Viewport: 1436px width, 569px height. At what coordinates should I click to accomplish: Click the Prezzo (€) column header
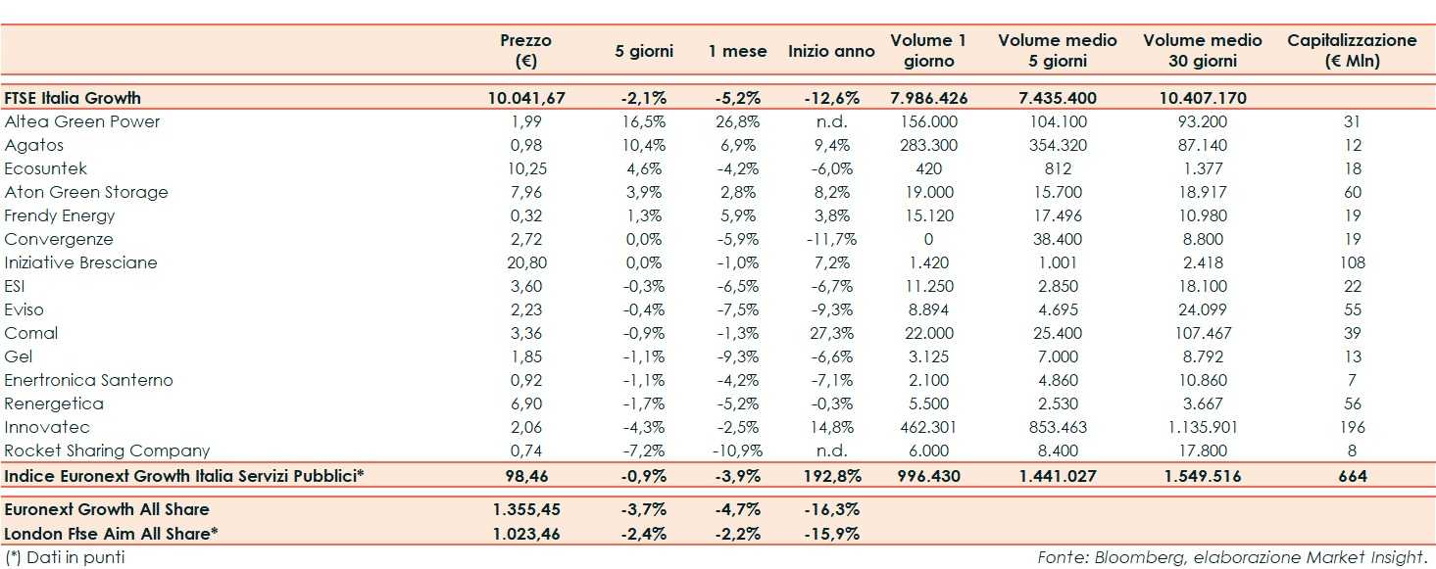[525, 51]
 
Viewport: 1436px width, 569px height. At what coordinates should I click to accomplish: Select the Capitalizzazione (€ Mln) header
[1352, 51]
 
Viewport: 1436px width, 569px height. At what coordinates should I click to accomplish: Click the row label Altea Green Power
[82, 121]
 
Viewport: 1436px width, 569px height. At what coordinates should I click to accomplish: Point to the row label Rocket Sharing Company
[108, 450]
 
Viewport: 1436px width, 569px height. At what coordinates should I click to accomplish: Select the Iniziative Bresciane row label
[80, 262]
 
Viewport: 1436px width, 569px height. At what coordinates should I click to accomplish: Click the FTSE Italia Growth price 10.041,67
[526, 98]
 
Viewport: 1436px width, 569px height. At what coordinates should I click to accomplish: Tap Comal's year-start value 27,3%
[832, 333]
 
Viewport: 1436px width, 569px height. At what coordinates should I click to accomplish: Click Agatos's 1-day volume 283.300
[928, 145]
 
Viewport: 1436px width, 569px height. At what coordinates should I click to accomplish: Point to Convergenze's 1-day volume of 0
[928, 239]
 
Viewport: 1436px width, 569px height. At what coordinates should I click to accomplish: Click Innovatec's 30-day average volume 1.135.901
[1190, 427]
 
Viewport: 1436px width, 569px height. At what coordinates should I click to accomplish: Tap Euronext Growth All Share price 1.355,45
[526, 509]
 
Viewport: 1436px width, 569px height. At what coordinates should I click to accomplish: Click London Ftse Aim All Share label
[111, 534]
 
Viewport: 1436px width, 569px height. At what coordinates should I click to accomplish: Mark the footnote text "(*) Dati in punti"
[66, 557]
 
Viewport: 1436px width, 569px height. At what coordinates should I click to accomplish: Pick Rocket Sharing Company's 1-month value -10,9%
[737, 450]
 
